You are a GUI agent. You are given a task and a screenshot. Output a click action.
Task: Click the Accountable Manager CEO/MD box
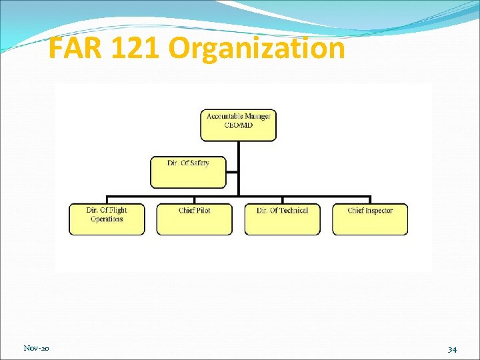(238, 125)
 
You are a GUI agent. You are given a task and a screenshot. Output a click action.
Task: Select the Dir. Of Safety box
(189, 172)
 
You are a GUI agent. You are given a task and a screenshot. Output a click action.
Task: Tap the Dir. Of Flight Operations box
(107, 219)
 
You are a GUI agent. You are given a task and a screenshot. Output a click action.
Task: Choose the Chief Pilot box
(195, 219)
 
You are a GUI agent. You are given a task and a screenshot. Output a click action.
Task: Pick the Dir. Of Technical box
(282, 219)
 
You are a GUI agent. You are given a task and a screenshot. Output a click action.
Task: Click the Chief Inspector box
(370, 219)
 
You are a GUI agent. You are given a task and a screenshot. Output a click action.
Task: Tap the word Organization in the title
(257, 49)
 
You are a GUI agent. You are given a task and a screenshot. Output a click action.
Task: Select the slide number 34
(451, 349)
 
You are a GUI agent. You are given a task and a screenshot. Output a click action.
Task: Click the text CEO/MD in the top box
(239, 125)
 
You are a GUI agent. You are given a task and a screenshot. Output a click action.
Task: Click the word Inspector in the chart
(379, 211)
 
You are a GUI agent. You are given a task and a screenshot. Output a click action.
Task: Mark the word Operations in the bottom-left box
(107, 219)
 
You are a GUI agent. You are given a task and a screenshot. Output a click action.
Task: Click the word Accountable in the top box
(223, 117)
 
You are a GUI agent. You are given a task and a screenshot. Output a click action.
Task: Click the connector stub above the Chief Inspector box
(370, 200)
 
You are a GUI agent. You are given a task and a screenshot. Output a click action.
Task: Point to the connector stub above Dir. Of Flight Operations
(107, 200)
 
